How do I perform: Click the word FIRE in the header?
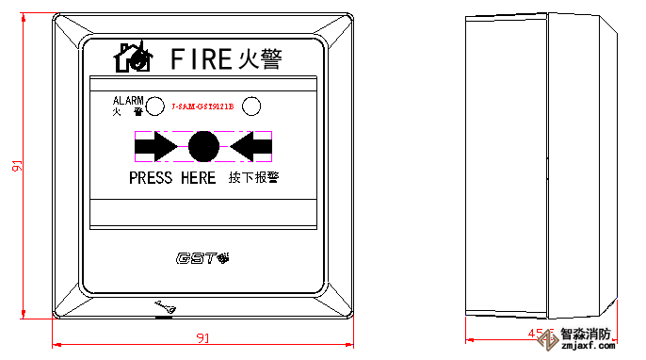[x=201, y=59]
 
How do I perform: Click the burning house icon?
[x=133, y=57]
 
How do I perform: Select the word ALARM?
[x=128, y=100]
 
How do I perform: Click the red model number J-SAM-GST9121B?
[x=202, y=106]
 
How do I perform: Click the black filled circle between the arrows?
[x=203, y=146]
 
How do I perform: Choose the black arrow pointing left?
[x=250, y=146]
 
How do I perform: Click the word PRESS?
[x=151, y=178]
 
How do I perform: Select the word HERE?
[x=197, y=178]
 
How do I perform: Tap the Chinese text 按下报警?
[x=254, y=178]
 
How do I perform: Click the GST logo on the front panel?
[x=202, y=257]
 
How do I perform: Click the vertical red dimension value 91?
[x=17, y=166]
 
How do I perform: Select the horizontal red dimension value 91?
[x=202, y=337]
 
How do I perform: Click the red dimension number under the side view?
[x=535, y=334]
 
